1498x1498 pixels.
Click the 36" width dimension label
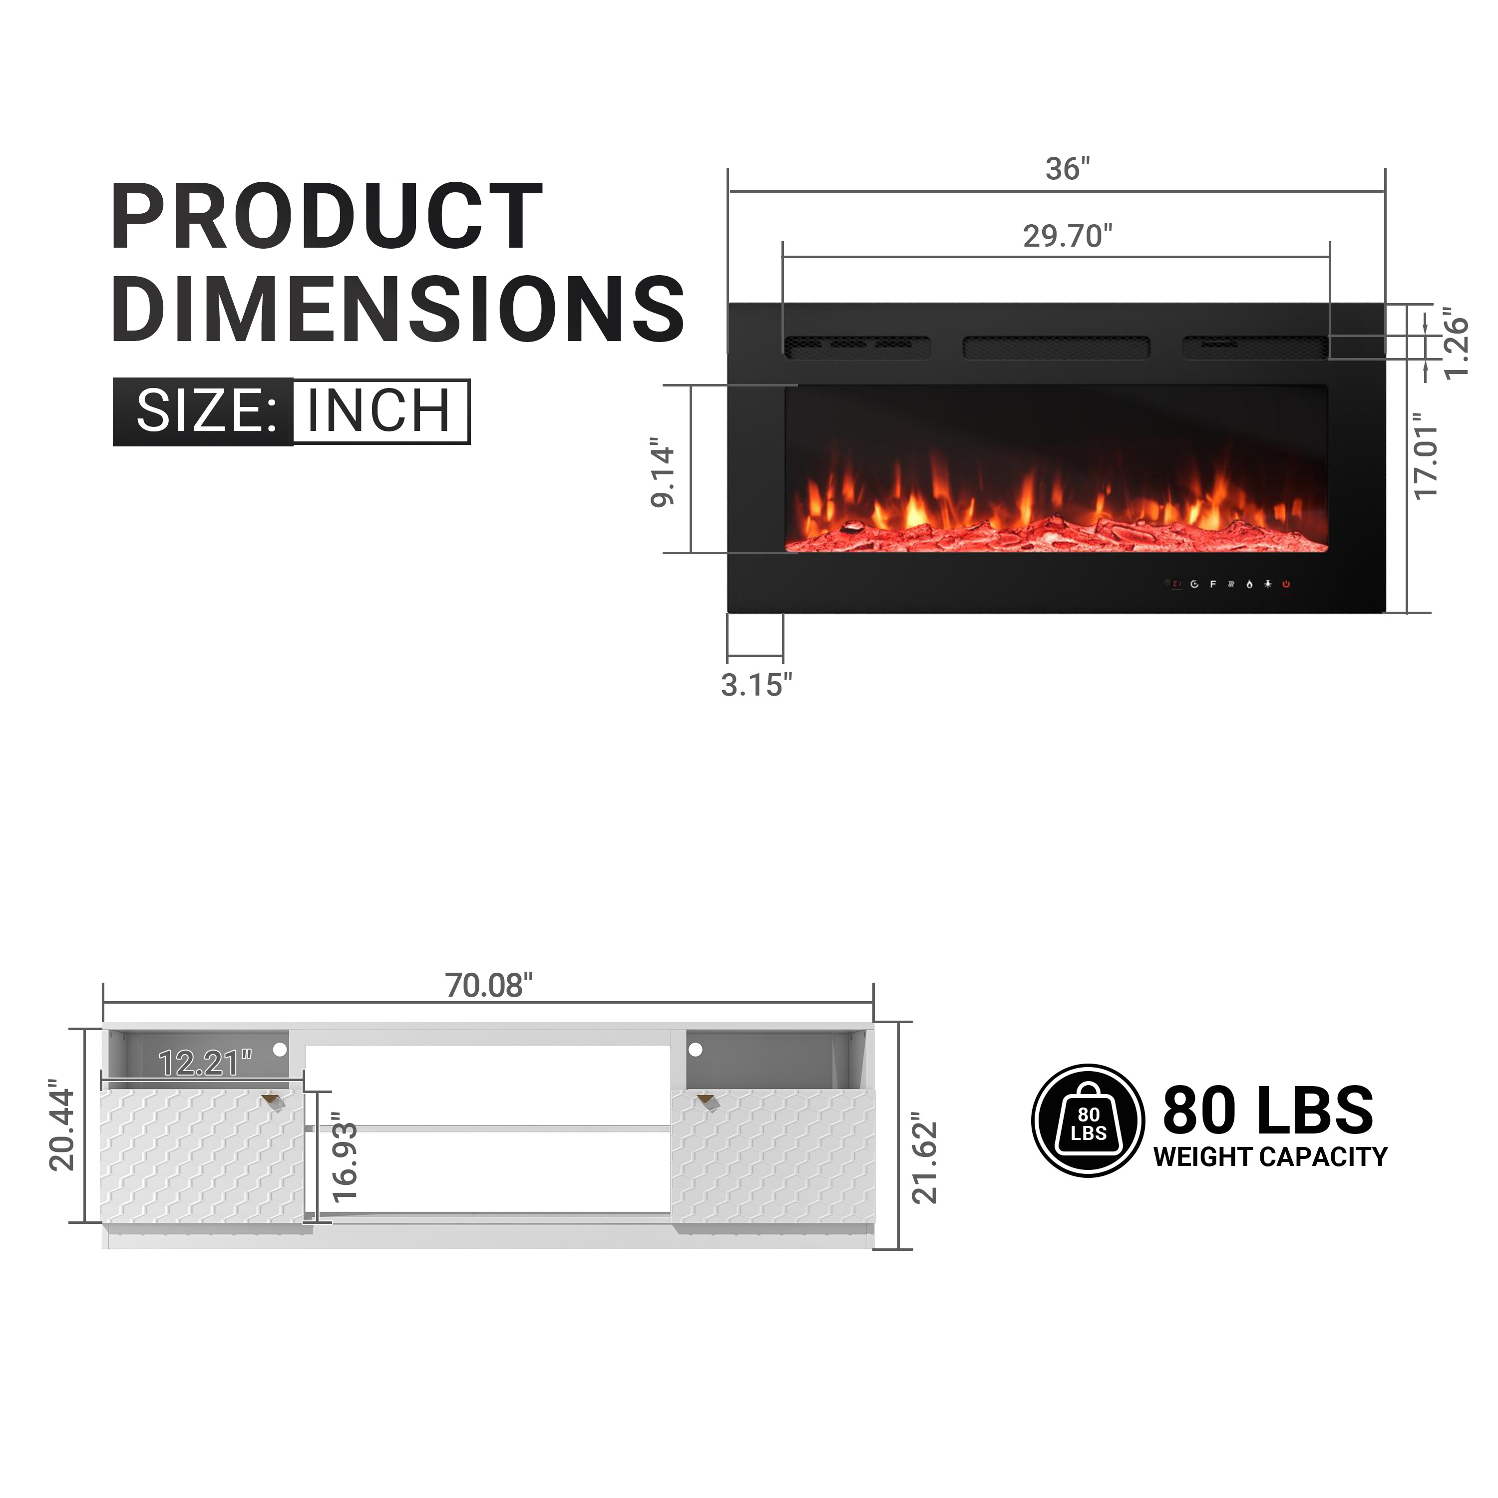tap(1067, 169)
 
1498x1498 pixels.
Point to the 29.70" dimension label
tap(1067, 236)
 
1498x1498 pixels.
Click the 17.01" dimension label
tap(1425, 457)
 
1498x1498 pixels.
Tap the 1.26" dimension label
tap(1456, 347)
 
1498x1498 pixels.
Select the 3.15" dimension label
tap(756, 685)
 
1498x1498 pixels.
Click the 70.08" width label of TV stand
tap(488, 986)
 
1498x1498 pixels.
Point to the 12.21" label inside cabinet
tap(205, 1063)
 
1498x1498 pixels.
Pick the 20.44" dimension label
tap(62, 1129)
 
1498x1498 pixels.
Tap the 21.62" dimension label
tap(924, 1161)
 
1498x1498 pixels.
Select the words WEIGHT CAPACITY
tap(1269, 1156)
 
